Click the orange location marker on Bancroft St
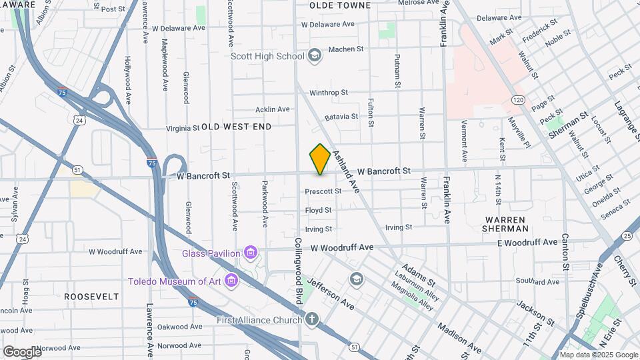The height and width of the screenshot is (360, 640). click(x=320, y=159)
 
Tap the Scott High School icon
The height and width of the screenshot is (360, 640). click(x=315, y=55)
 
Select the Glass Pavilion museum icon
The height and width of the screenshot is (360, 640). click(x=251, y=253)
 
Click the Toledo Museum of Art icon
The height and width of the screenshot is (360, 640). click(x=231, y=281)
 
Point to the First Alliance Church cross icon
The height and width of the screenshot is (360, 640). click(x=312, y=320)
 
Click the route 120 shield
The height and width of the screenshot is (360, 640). click(x=518, y=100)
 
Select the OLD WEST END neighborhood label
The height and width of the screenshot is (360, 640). click(x=236, y=127)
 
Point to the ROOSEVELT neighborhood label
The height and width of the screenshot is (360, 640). click(x=91, y=296)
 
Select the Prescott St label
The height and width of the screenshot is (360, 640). click(x=323, y=191)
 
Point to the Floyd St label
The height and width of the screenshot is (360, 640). click(x=318, y=211)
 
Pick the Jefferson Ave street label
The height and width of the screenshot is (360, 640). click(x=331, y=294)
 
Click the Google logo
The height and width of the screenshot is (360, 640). click(x=22, y=351)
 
